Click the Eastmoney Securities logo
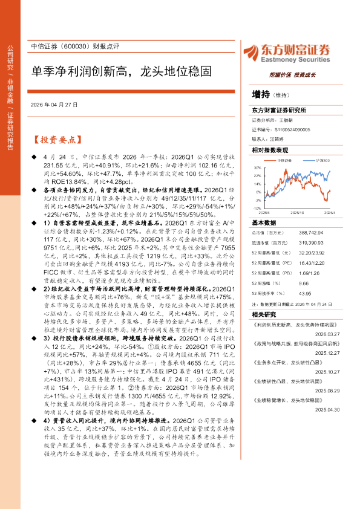[288, 53]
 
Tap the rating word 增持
[261, 94]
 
